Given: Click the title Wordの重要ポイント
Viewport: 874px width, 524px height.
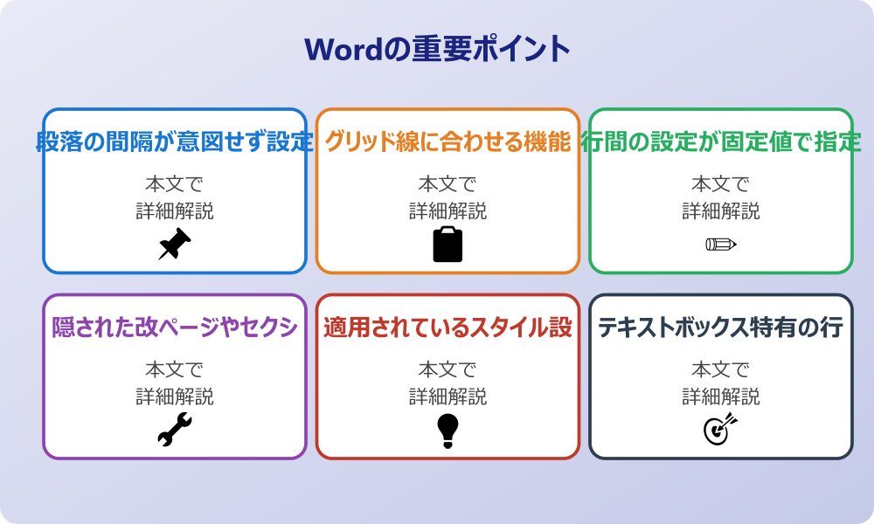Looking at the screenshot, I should coord(437,49).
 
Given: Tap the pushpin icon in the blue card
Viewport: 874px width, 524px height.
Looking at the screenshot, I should coord(175,245).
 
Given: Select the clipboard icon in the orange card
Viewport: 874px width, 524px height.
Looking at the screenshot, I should coord(447,245).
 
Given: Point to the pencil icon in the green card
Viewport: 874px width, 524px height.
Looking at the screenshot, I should coord(721,245).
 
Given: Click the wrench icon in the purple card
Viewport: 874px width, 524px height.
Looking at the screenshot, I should coord(175,430).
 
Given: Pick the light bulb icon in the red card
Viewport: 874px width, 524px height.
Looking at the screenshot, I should coord(447,430).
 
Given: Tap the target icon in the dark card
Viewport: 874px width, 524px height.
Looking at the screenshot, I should coord(721,430).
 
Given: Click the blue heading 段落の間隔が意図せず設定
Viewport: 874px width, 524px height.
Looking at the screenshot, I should coord(175,141).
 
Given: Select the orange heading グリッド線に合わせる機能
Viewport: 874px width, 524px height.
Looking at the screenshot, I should coord(447,141).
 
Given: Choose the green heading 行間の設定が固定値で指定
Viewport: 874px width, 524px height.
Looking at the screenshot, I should coord(721,141).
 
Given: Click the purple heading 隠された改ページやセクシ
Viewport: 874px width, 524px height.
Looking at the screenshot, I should coord(175,327).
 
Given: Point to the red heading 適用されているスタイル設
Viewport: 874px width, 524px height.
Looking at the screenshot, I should coord(447,327).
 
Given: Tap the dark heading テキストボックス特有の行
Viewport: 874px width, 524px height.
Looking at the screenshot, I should coord(721,327).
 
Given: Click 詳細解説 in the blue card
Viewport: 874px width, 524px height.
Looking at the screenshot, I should coord(175,211).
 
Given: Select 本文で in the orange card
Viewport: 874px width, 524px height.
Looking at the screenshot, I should coord(447,184).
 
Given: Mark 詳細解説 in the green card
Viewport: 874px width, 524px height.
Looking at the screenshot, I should coord(721,211).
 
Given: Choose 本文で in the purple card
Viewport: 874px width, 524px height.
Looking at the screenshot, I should coord(175,370).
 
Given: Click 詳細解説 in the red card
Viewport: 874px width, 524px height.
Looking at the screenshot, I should coord(447,397).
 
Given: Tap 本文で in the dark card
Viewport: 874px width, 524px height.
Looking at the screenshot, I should coord(721,370).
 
